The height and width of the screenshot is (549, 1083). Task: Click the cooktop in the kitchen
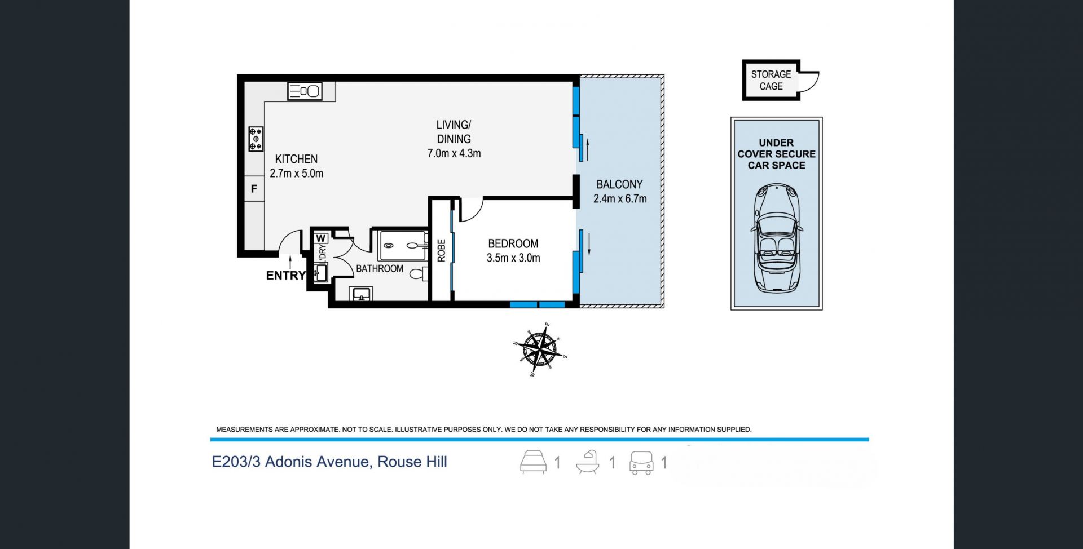pos(256,139)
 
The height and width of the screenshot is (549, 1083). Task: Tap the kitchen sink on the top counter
pos(305,91)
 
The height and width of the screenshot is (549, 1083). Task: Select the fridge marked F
pos(254,189)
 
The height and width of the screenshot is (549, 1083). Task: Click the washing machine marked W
pos(321,238)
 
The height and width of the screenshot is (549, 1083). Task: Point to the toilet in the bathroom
pos(419,274)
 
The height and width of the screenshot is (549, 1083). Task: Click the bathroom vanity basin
pos(361,294)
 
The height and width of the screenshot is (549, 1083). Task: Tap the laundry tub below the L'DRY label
pos(321,273)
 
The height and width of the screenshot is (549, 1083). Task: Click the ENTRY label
pos(286,276)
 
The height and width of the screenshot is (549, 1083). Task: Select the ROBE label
pos(441,250)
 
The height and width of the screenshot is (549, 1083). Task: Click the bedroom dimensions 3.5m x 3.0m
pos(513,258)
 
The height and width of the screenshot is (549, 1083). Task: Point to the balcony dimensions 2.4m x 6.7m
pos(620,198)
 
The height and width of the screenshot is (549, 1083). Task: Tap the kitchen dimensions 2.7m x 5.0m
pos(297,174)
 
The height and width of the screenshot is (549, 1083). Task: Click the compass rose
pos(541,349)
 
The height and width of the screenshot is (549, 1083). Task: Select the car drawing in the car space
pos(777,238)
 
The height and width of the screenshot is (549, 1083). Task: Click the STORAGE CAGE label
pos(771,80)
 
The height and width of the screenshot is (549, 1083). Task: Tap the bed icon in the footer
pos(533,462)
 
